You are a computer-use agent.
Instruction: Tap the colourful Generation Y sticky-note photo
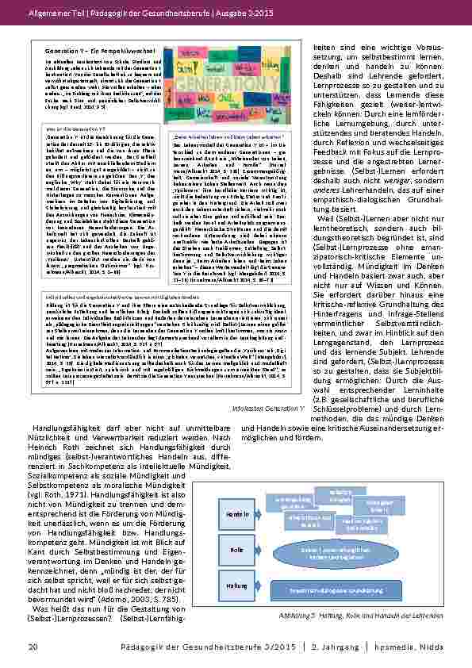tap(230, 80)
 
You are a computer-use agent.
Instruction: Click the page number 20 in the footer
tap(33, 647)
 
